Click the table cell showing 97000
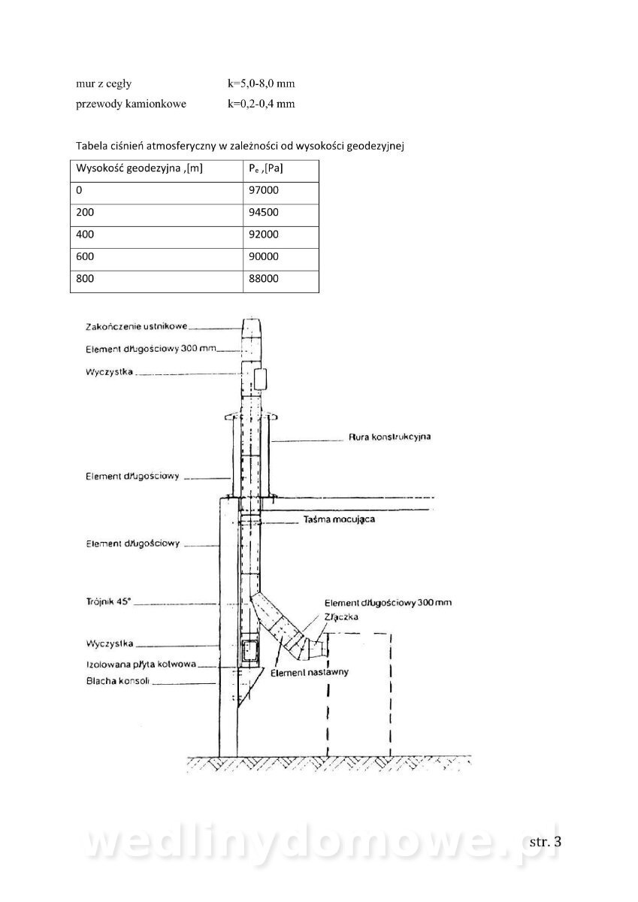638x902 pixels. click(280, 193)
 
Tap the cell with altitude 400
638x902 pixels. click(156, 238)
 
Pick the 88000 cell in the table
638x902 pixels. click(280, 281)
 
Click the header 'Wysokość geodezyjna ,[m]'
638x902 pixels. click(139, 168)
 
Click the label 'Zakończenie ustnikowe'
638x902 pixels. click(137, 326)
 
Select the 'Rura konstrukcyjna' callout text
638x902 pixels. click(390, 437)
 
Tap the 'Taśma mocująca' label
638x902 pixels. click(340, 519)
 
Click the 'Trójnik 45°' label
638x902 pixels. click(109, 602)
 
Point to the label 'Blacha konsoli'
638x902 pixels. click(117, 681)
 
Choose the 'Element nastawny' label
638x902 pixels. click(310, 672)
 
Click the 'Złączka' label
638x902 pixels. click(341, 617)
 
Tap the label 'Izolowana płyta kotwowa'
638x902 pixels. click(141, 664)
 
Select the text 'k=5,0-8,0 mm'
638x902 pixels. click(262, 83)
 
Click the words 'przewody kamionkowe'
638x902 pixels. click(132, 104)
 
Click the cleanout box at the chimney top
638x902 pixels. click(260, 379)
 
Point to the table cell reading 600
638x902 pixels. click(156, 259)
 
